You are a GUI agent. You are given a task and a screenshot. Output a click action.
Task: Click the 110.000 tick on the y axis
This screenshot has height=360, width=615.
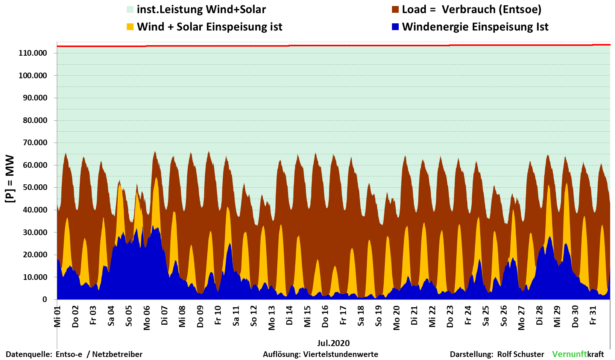coord(33,53)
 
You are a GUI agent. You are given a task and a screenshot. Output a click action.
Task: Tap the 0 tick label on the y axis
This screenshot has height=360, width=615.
coord(45,299)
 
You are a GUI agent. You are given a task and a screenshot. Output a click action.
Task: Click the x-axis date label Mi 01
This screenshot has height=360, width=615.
coord(57,316)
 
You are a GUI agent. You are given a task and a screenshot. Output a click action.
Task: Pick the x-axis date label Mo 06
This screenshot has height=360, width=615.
coord(147,318)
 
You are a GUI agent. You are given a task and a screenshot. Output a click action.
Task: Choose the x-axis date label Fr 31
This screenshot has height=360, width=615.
coord(593,316)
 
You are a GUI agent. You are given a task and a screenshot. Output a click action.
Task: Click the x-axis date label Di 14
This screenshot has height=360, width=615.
coord(289,316)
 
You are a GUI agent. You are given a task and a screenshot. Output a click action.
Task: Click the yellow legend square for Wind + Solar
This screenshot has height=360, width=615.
coord(130,27)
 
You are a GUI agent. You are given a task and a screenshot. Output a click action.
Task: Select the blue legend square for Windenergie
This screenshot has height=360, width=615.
coord(395,27)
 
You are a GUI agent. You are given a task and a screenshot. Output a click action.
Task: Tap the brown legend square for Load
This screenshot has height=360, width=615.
coord(395,9)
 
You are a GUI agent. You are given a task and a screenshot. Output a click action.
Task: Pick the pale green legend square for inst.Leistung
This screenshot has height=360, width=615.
coord(130,9)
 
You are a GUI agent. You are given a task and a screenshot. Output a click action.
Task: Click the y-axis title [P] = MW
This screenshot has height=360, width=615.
coord(10,179)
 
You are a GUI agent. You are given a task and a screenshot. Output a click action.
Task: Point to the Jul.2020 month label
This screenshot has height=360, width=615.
coord(333,343)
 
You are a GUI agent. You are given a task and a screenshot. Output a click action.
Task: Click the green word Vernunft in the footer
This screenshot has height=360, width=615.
coord(569,354)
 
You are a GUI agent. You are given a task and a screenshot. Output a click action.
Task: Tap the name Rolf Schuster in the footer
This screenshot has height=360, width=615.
coord(521,354)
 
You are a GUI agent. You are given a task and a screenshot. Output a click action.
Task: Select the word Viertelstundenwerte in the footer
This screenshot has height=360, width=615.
coord(340,354)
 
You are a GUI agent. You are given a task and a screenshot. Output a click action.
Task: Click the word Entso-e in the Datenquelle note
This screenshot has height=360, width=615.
coord(69,354)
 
